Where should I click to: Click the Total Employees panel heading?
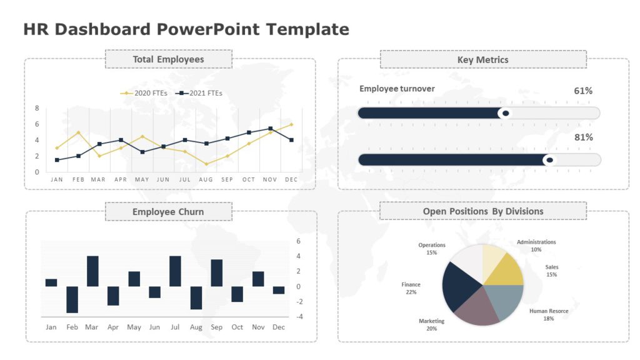(x=168, y=59)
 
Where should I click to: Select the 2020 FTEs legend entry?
(x=142, y=93)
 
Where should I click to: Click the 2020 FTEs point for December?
(x=291, y=124)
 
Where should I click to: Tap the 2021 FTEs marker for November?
(x=270, y=129)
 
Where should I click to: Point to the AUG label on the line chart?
(x=206, y=179)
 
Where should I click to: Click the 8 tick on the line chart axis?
(x=37, y=108)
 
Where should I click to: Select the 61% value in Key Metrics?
(x=582, y=91)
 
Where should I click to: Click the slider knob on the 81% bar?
(x=549, y=160)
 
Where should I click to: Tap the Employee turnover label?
(x=397, y=89)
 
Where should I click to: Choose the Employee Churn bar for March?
(x=92, y=271)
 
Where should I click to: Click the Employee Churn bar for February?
(x=72, y=299)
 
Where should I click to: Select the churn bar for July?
(x=175, y=271)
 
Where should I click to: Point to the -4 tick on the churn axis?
(x=299, y=317)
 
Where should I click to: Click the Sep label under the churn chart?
(x=216, y=327)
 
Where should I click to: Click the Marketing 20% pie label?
(x=431, y=324)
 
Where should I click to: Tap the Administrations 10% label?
(x=536, y=246)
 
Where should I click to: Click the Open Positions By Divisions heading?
(x=483, y=211)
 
